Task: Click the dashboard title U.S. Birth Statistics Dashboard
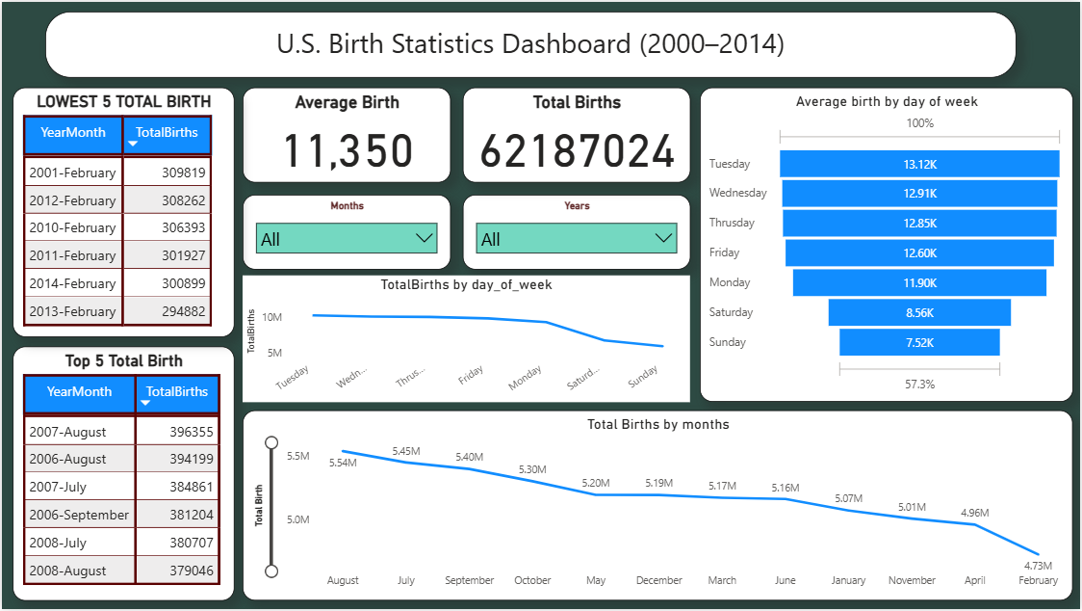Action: (530, 44)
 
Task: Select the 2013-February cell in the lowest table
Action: (72, 311)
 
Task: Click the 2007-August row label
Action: (67, 432)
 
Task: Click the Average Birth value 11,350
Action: (347, 151)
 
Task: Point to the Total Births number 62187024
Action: (578, 151)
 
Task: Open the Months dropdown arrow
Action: (425, 238)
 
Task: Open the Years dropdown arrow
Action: (663, 238)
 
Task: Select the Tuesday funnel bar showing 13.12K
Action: (919, 164)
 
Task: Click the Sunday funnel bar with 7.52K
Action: (919, 342)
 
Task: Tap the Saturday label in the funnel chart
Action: (731, 312)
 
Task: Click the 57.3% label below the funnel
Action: (919, 385)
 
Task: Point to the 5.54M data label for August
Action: (343, 464)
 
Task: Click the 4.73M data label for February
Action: (1039, 566)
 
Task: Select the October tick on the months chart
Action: (532, 580)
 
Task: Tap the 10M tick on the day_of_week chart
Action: (271, 317)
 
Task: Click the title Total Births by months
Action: (657, 424)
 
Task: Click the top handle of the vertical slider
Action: (271, 442)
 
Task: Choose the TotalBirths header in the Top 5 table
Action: (177, 391)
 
